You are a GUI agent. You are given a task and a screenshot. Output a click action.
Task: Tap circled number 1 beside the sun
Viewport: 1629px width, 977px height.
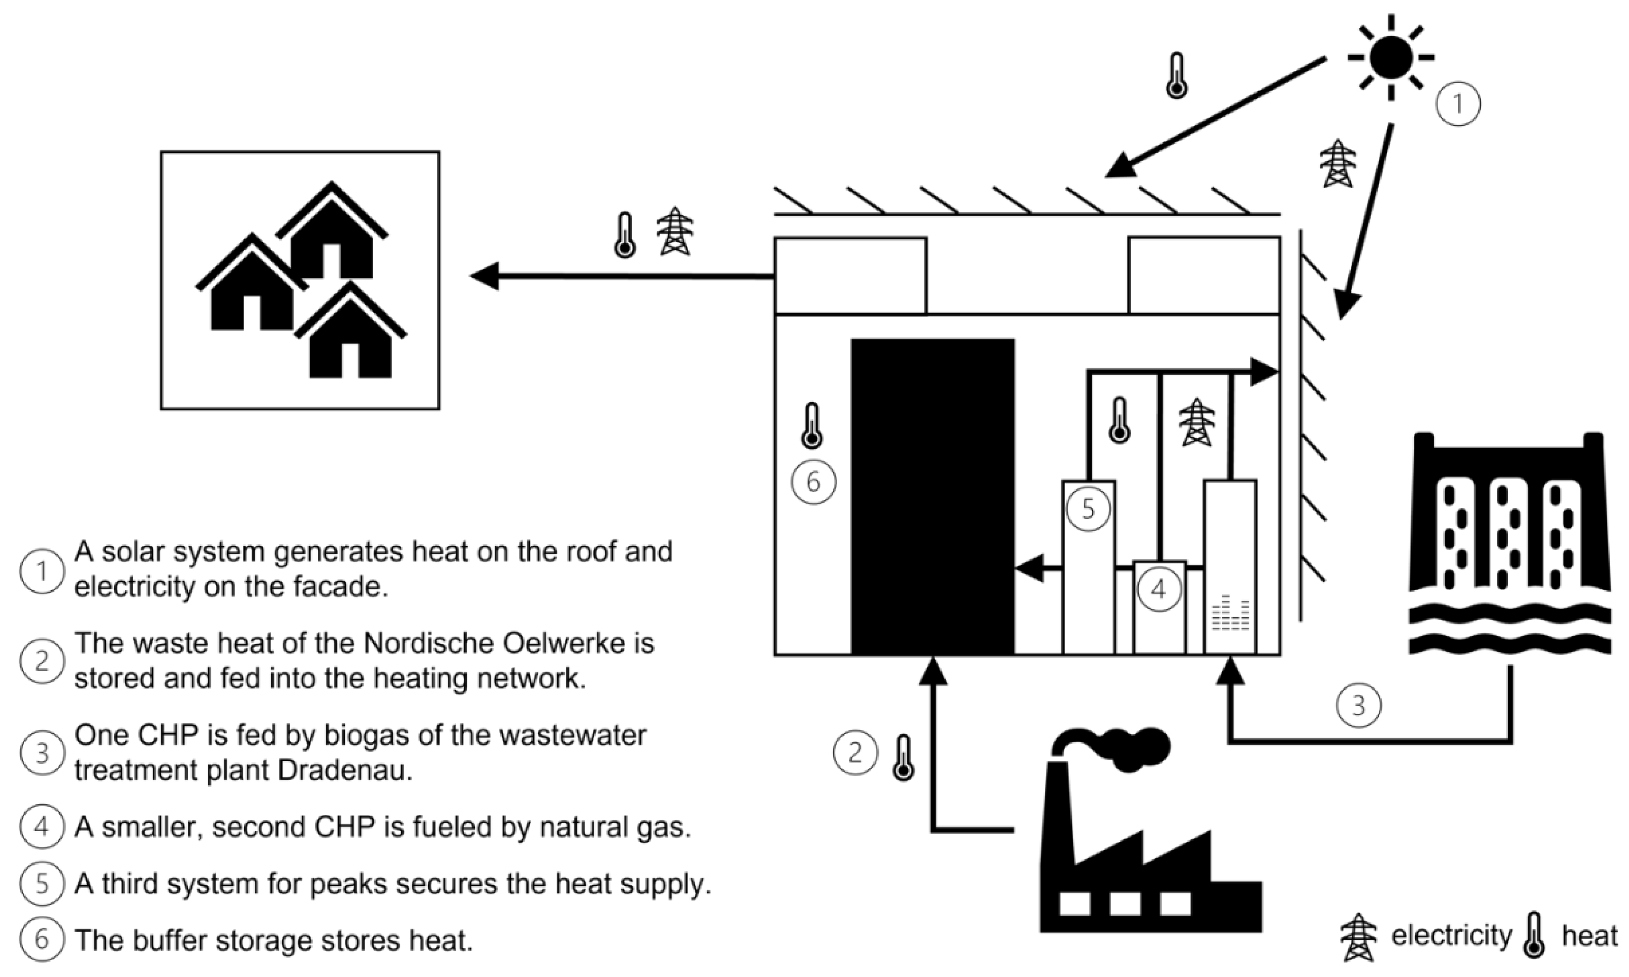pyautogui.click(x=1458, y=104)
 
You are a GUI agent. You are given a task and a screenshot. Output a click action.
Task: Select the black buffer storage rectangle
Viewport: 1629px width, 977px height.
pyautogui.click(x=932, y=496)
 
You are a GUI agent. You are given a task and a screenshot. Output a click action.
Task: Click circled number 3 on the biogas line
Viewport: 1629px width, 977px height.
pyautogui.click(x=1358, y=706)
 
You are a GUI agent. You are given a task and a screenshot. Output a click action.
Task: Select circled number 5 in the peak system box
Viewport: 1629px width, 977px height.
pyautogui.click(x=1088, y=509)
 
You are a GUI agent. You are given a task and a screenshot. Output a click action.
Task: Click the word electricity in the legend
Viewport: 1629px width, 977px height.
pyautogui.click(x=1451, y=936)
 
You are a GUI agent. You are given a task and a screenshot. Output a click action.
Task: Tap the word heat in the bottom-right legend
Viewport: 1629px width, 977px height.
pyautogui.click(x=1589, y=936)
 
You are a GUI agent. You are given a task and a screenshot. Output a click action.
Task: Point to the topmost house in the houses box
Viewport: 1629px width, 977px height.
pyautogui.click(x=332, y=234)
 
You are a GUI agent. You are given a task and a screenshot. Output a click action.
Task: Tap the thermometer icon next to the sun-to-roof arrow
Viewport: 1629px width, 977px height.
pyautogui.click(x=1177, y=76)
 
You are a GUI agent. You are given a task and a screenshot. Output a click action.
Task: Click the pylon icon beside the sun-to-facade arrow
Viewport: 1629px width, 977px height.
pyautogui.click(x=1338, y=163)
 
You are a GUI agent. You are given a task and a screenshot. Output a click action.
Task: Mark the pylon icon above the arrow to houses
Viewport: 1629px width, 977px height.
pyautogui.click(x=675, y=231)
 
